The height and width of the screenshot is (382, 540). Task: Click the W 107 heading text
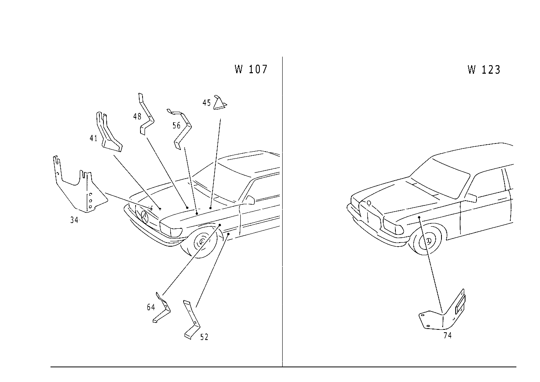[251, 69]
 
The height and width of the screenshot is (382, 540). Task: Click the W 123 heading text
[484, 70]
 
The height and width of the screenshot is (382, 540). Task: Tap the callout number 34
[74, 220]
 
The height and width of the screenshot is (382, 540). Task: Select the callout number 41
[94, 138]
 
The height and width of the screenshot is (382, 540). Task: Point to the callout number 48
[137, 117]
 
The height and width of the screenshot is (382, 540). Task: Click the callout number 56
[176, 126]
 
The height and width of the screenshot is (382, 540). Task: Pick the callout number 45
[206, 103]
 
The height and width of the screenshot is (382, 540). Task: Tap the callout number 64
[151, 307]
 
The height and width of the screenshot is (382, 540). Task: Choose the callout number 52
[204, 337]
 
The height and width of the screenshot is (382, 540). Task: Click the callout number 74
[448, 336]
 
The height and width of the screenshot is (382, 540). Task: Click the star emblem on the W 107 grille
[145, 217]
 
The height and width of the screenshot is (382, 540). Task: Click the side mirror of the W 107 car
[250, 200]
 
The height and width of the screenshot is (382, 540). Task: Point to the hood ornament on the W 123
[369, 203]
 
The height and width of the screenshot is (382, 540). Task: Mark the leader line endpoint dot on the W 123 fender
[419, 217]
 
